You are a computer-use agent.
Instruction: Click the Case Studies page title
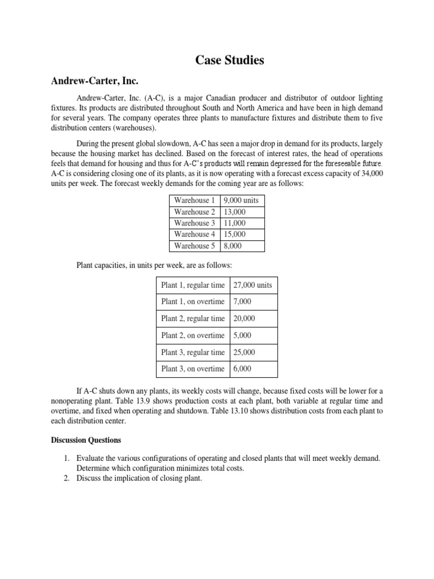click(x=229, y=60)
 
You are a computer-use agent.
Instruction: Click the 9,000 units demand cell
click(x=241, y=200)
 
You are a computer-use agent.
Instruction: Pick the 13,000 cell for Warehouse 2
click(x=235, y=211)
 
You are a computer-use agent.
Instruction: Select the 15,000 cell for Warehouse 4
click(x=235, y=234)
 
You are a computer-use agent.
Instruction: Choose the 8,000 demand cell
click(x=233, y=245)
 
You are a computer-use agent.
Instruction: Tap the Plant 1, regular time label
click(x=193, y=285)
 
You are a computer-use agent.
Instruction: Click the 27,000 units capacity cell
click(x=253, y=285)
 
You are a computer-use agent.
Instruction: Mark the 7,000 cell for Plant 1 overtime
click(x=242, y=302)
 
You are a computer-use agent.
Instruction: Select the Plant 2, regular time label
click(x=193, y=318)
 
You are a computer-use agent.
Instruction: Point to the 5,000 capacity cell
click(x=242, y=335)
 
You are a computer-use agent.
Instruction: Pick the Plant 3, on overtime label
click(x=193, y=369)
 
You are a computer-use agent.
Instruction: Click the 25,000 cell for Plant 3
click(x=244, y=352)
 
